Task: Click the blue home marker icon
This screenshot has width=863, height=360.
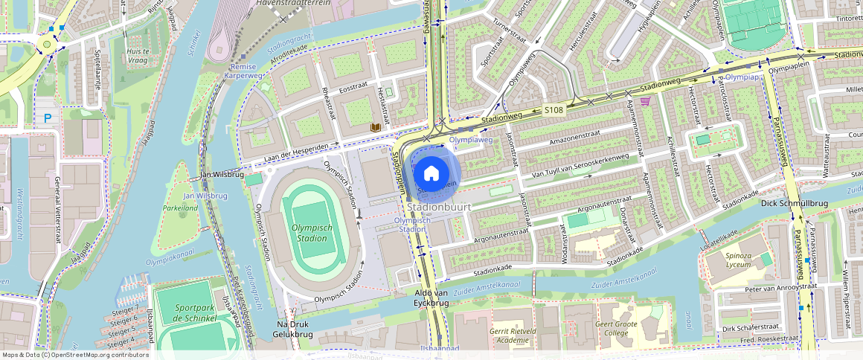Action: tap(431, 174)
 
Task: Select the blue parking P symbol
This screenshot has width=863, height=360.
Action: tap(48, 118)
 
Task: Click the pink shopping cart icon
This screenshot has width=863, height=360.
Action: tap(645, 101)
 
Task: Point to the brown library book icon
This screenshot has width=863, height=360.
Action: tap(376, 128)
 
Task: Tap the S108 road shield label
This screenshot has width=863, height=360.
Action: tap(553, 110)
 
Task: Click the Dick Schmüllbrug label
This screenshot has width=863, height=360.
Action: tap(793, 202)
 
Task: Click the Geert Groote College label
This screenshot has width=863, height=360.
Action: tap(615, 327)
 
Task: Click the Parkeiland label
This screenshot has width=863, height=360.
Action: tap(181, 208)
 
